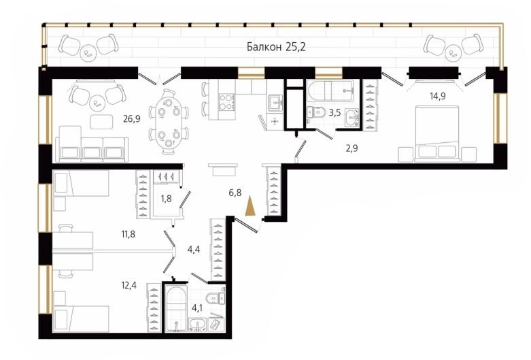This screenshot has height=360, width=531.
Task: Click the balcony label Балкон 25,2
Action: coord(276,46)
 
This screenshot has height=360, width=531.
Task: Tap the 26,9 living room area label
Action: coord(132,118)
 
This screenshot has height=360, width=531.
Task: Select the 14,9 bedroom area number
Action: coord(438,96)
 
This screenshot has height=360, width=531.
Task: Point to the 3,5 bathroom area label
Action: coord(335,112)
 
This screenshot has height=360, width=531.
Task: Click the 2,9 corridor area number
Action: coord(352,148)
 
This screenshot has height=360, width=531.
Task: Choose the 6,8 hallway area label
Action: coord(235,193)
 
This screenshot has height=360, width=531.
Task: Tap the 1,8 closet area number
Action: coord(166,198)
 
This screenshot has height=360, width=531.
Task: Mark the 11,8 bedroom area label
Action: coord(129,233)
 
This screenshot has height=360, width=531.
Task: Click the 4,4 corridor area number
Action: coord(194,250)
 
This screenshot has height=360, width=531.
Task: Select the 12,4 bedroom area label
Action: coord(129,285)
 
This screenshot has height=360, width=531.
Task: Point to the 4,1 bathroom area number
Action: coord(196,308)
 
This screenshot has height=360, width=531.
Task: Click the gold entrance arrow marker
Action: coord(250,206)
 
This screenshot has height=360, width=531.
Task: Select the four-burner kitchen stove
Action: coord(227,101)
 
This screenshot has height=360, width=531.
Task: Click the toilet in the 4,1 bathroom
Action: coord(217,297)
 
